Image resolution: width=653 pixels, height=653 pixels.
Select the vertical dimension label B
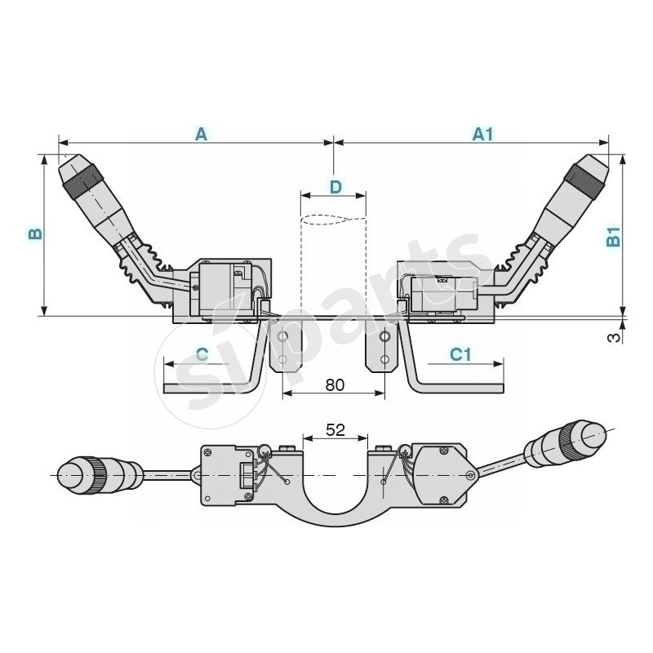(x=34, y=233)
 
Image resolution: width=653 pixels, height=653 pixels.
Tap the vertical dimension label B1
(x=614, y=238)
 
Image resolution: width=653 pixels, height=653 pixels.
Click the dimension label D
(x=335, y=187)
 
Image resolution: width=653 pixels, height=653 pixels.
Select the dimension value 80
(x=335, y=384)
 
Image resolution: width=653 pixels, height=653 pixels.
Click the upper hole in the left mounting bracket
(x=283, y=336)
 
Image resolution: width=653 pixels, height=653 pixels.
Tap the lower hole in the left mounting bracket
(x=283, y=358)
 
